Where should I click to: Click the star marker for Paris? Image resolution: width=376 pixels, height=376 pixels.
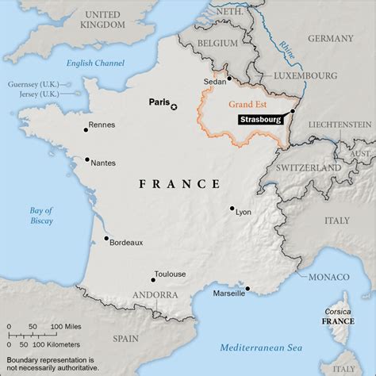tap(175, 106)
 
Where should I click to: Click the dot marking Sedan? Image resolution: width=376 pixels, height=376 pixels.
tap(228, 78)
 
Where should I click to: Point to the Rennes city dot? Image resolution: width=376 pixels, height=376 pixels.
tap(86, 130)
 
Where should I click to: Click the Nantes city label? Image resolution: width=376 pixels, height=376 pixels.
tap(103, 163)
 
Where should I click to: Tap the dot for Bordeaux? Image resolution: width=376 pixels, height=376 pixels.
tap(106, 237)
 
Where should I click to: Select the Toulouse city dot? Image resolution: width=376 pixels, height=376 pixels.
tap(153, 279)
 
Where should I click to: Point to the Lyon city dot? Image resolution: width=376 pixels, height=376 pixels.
tap(232, 209)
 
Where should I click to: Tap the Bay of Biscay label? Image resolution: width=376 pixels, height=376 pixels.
tap(41, 215)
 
